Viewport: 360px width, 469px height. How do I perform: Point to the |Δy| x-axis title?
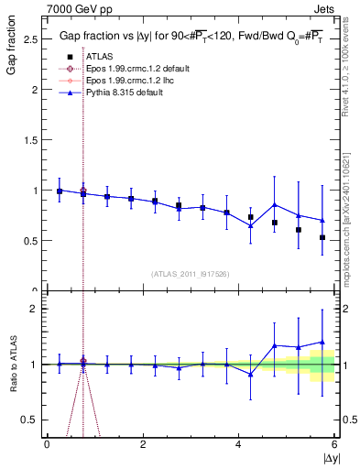(330, 457)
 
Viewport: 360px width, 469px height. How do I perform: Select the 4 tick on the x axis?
(238, 444)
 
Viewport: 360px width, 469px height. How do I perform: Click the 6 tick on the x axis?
(334, 444)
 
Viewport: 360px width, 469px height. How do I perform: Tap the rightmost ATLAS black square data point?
(322, 237)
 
